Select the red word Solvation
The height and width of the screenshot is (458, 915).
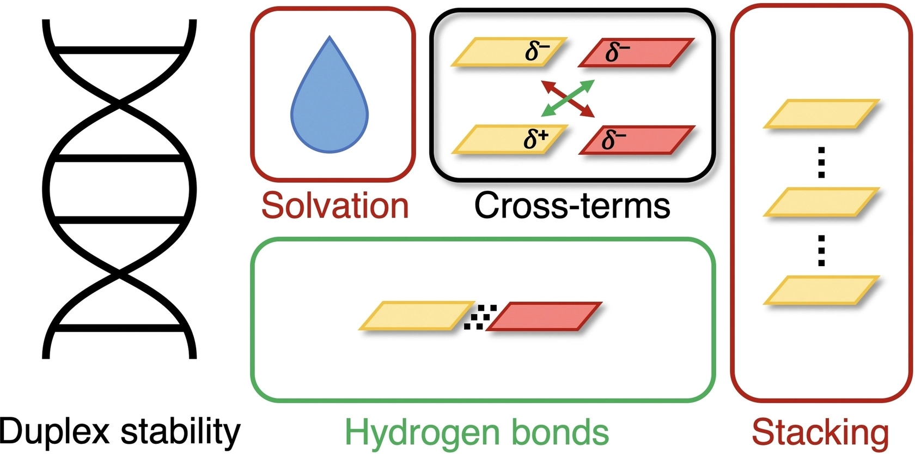coord(335,206)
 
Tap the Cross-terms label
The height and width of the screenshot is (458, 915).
coord(572,206)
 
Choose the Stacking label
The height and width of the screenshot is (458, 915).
coord(820,433)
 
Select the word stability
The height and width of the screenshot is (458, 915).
coord(180,431)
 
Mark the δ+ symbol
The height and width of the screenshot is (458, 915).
coord(536,140)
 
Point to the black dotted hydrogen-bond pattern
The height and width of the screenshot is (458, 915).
coord(480,317)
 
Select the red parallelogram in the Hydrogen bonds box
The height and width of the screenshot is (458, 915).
coord(544,316)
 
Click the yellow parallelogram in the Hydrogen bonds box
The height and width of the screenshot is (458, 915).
coord(417,316)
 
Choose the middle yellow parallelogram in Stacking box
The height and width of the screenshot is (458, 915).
coord(821,202)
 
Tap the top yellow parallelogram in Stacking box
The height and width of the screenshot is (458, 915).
coord(821,113)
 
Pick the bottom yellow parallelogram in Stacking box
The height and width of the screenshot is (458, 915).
coord(821,290)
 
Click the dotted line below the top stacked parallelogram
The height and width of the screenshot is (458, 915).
coord(821,162)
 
